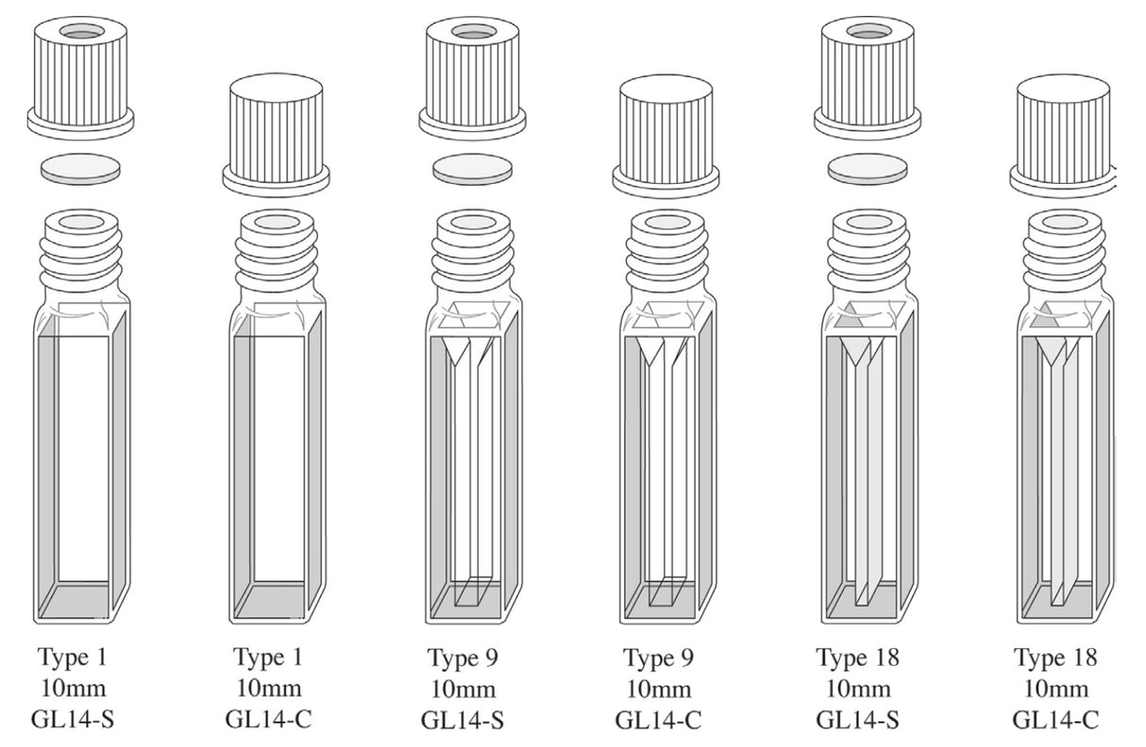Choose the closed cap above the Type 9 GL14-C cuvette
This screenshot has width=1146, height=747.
pos(666,135)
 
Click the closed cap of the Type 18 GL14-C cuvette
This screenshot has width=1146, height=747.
pos(1062,135)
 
